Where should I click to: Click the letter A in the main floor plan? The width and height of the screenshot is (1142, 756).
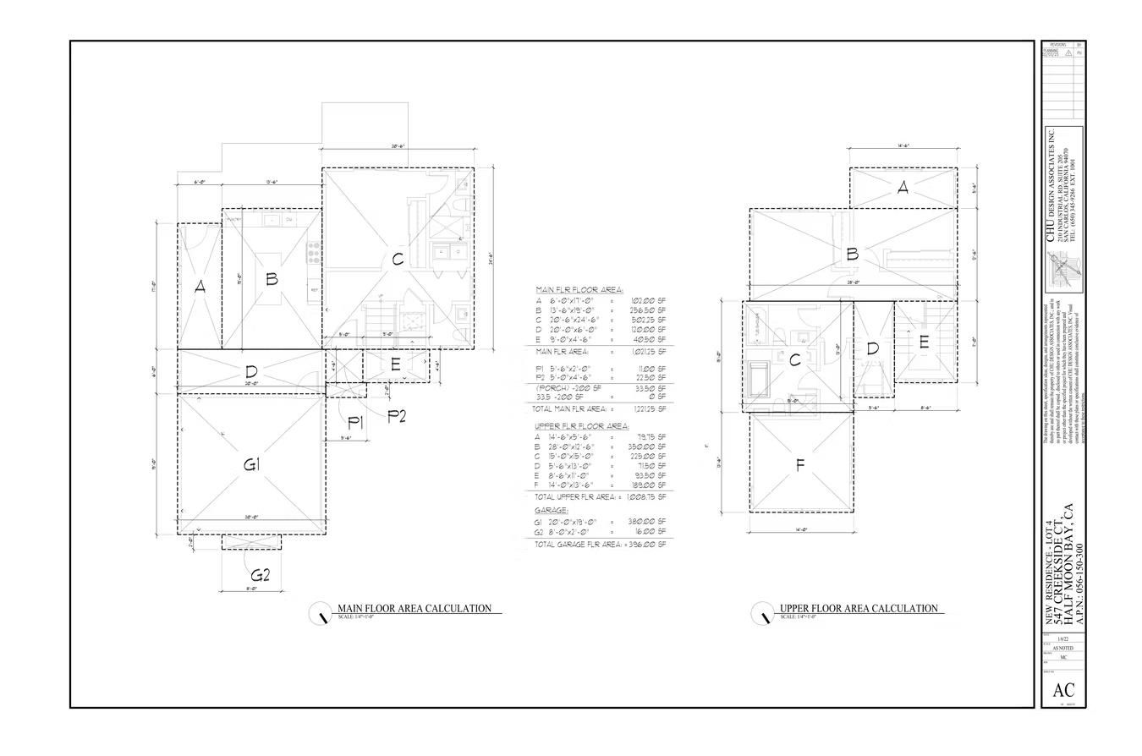point(200,288)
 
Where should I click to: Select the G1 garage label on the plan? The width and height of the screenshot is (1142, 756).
point(251,464)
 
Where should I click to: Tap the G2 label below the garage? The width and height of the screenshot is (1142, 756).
point(260,576)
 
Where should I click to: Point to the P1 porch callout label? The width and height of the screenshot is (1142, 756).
point(355,424)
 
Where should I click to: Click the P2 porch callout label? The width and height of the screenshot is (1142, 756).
point(397,415)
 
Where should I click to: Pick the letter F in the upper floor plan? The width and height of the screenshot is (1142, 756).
point(799,465)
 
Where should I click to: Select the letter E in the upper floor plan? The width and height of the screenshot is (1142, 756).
point(924,342)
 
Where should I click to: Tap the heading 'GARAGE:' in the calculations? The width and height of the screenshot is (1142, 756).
point(551,511)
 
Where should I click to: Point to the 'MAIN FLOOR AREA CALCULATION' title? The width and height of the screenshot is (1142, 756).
point(415,608)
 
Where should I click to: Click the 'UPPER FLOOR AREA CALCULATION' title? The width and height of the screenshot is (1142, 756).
point(859,608)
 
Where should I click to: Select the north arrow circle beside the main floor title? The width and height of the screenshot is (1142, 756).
point(321,613)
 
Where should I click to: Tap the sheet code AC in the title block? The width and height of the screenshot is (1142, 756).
point(1064,690)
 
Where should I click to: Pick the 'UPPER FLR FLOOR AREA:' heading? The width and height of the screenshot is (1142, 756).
point(581,426)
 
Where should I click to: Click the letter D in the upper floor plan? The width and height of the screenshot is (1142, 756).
point(873,348)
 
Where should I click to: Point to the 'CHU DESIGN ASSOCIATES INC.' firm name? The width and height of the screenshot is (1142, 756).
point(1051,185)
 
